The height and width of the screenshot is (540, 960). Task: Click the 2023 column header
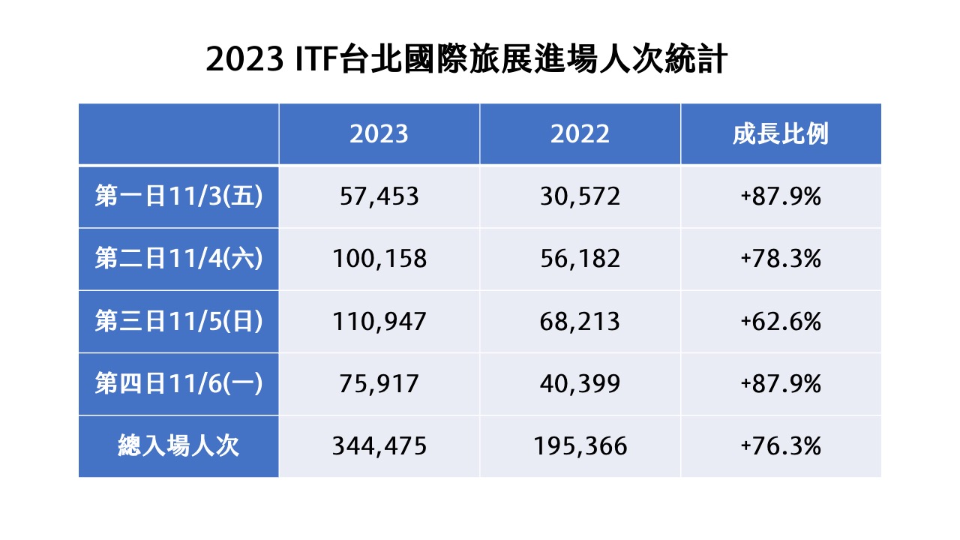click(x=379, y=134)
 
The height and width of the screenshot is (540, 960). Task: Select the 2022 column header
click(x=580, y=134)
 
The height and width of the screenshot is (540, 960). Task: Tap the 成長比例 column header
click(x=781, y=134)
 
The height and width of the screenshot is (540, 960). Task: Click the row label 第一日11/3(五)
click(x=178, y=196)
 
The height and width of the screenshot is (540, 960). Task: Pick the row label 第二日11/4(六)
click(x=178, y=259)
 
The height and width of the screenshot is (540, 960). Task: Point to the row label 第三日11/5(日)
click(x=178, y=321)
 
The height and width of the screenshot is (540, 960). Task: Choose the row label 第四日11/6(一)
click(x=178, y=383)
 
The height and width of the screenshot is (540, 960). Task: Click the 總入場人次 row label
click(x=178, y=445)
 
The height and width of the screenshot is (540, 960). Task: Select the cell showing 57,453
click(x=379, y=197)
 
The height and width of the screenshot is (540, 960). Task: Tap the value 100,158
click(x=379, y=259)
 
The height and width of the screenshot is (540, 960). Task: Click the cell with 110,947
click(x=379, y=322)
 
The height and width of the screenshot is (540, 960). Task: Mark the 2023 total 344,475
click(x=379, y=446)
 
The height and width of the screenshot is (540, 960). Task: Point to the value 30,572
click(x=580, y=197)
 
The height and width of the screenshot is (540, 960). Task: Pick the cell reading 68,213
click(x=580, y=322)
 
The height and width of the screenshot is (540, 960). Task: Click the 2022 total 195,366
click(x=580, y=446)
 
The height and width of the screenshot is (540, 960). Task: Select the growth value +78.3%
click(x=781, y=259)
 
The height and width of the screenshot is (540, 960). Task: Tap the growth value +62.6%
click(x=781, y=321)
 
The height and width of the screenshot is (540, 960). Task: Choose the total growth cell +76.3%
click(x=781, y=445)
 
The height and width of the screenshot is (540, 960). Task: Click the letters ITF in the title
click(x=315, y=58)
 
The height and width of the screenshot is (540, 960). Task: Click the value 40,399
click(x=580, y=384)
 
